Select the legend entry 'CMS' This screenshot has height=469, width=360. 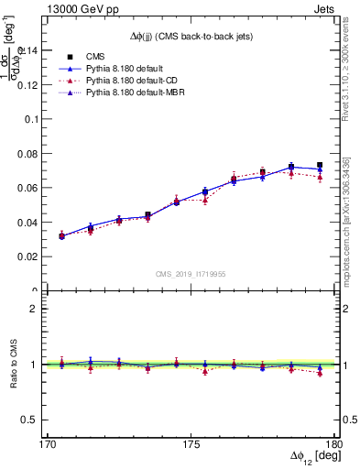click(x=94, y=57)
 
